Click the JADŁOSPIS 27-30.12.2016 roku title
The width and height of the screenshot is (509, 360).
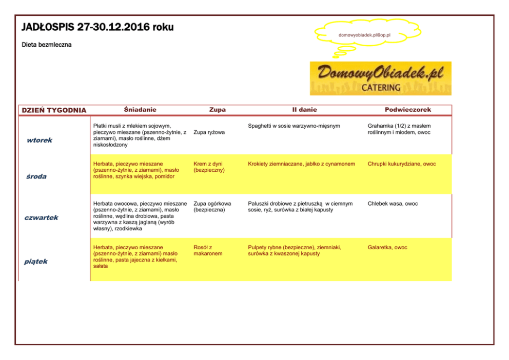coord(97,27)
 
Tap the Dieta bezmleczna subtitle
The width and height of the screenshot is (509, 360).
coord(47,45)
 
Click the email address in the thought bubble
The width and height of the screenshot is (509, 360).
coord(364,35)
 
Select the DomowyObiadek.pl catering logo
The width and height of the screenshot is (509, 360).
coord(380,78)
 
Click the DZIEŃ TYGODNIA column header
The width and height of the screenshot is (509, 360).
coord(54,110)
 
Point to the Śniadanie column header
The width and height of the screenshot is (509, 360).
coord(140,110)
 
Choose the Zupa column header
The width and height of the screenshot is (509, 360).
coord(217,110)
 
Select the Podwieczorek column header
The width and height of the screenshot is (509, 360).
coord(408,110)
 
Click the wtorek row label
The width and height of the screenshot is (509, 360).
coord(40,140)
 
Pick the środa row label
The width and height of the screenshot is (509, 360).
coord(36,176)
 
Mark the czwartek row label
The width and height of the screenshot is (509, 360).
coord(42,217)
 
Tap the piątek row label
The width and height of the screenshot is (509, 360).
coord(36,262)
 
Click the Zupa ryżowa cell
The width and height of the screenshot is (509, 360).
coord(209,132)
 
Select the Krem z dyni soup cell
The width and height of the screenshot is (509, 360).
coord(209,167)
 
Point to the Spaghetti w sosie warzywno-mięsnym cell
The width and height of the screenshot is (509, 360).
coord(293,126)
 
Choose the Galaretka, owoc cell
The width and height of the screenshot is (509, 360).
coord(387,247)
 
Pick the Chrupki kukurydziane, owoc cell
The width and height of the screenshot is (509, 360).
coord(402,164)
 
